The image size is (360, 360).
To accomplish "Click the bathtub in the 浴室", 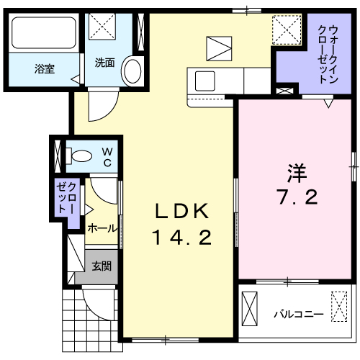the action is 44,32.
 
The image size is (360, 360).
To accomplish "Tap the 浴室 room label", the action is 45,69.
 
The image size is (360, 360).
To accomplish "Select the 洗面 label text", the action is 104,63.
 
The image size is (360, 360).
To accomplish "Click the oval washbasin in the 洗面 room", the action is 132,71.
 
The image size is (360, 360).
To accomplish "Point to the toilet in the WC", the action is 79,156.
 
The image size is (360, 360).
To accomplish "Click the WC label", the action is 107,157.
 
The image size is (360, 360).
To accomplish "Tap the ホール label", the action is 102,228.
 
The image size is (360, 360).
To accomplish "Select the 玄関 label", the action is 102,266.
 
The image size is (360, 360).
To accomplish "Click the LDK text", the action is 182,211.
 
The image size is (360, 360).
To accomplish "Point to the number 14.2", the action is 182,237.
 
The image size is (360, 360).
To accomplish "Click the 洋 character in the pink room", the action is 297,174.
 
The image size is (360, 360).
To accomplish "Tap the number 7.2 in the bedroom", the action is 298,197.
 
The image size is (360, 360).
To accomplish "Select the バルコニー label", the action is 299,314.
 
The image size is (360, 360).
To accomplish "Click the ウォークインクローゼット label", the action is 328,55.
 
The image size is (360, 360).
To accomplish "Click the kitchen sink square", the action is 204,81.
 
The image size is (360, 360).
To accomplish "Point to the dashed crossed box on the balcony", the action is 339,307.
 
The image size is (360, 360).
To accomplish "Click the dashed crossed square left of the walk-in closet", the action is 287,30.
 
